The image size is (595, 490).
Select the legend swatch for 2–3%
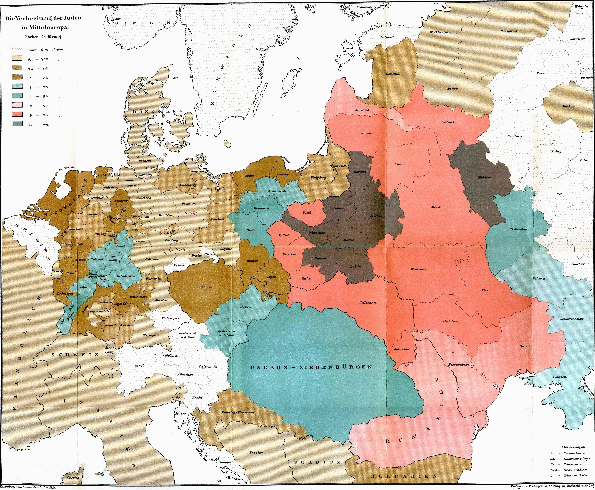pyautogui.click(x=17, y=87)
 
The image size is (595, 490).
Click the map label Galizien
pyautogui.click(x=368, y=303)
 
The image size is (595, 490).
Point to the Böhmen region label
pyautogui.click(x=206, y=287)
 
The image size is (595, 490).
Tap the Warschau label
pyautogui.click(x=317, y=233)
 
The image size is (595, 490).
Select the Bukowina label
pyautogui.click(x=402, y=349)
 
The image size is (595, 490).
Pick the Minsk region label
pyautogui.click(x=436, y=207)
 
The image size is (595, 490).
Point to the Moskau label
pyautogui.click(x=568, y=106)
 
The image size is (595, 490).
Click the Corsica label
pyautogui.click(x=73, y=478)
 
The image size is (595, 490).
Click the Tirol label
pyautogui.click(x=139, y=366)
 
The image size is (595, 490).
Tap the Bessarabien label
pyautogui.click(x=459, y=364)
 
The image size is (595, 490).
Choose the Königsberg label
pyautogui.click(x=318, y=178)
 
